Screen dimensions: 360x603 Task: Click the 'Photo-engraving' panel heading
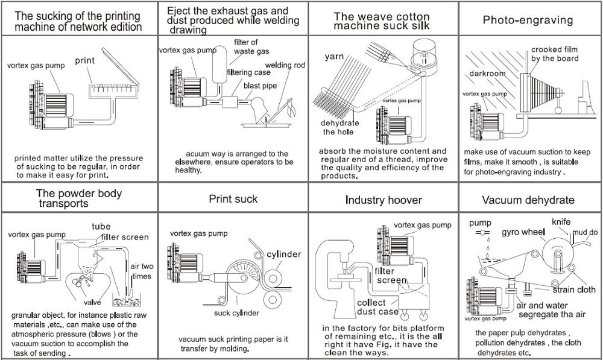pyautogui.click(x=528, y=20)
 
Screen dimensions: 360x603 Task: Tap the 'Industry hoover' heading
pyautogui.click(x=384, y=200)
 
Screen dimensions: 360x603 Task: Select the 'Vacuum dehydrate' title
pyautogui.click(x=528, y=200)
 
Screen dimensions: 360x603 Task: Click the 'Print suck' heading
pyautogui.click(x=233, y=198)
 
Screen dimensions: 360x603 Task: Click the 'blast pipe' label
pyautogui.click(x=260, y=86)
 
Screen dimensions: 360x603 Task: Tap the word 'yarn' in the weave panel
pyautogui.click(x=334, y=57)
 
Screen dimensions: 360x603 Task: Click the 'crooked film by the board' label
pyautogui.click(x=555, y=54)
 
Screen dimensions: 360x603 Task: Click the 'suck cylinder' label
pyautogui.click(x=236, y=313)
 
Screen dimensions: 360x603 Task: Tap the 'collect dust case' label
pyautogui.click(x=378, y=307)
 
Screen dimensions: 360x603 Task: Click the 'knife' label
pyautogui.click(x=561, y=222)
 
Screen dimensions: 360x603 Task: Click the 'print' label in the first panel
pyautogui.click(x=86, y=60)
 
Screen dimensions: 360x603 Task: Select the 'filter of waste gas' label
pyautogui.click(x=245, y=47)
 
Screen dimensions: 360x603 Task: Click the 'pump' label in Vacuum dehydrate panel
pyautogui.click(x=481, y=223)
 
